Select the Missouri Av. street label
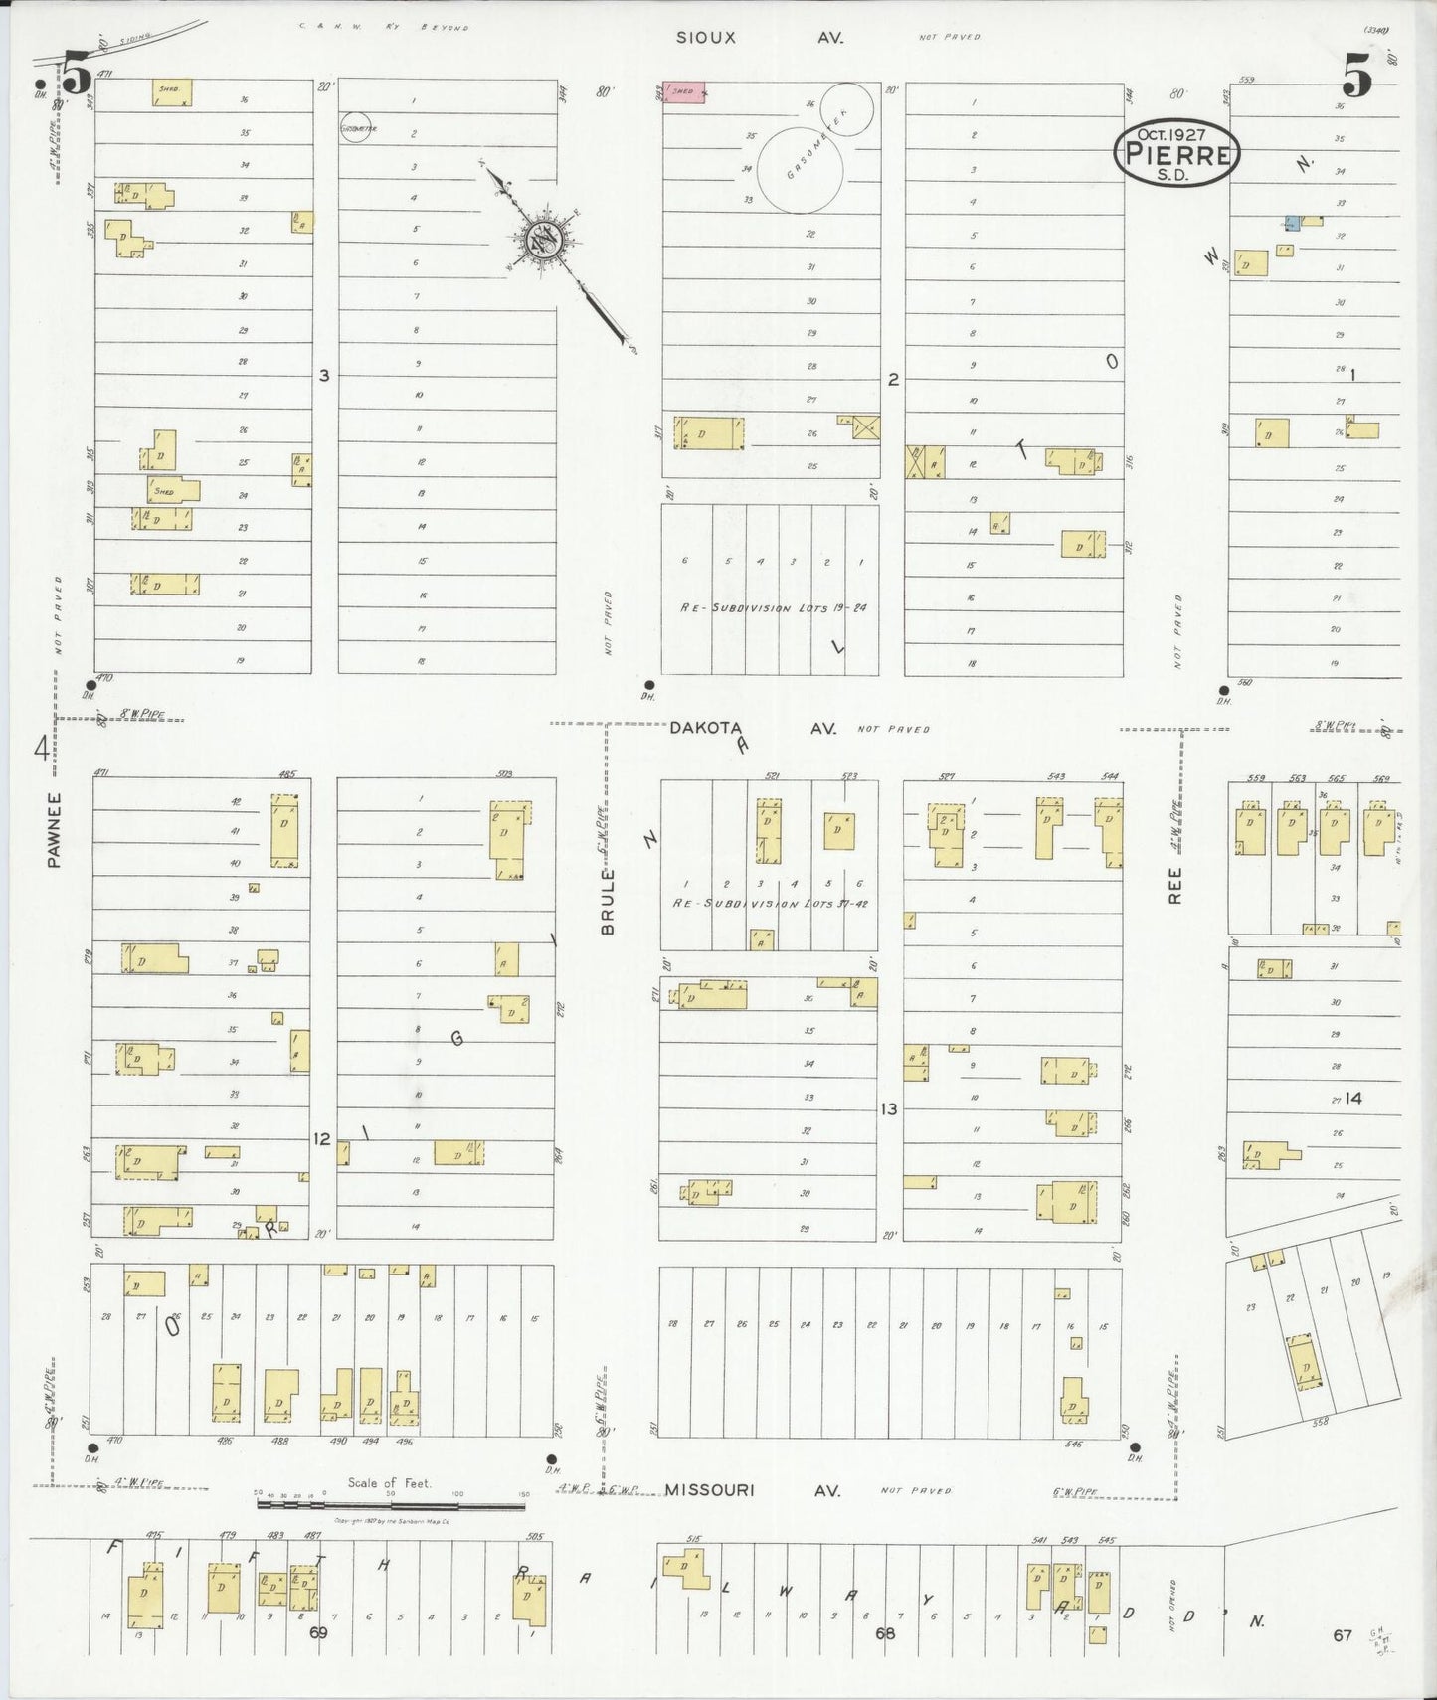753,1490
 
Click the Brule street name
608,901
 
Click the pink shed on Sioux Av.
684,92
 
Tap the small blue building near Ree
1291,221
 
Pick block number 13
888,1108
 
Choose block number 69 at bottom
317,1633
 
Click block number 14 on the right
1352,1099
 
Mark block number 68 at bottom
885,1633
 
